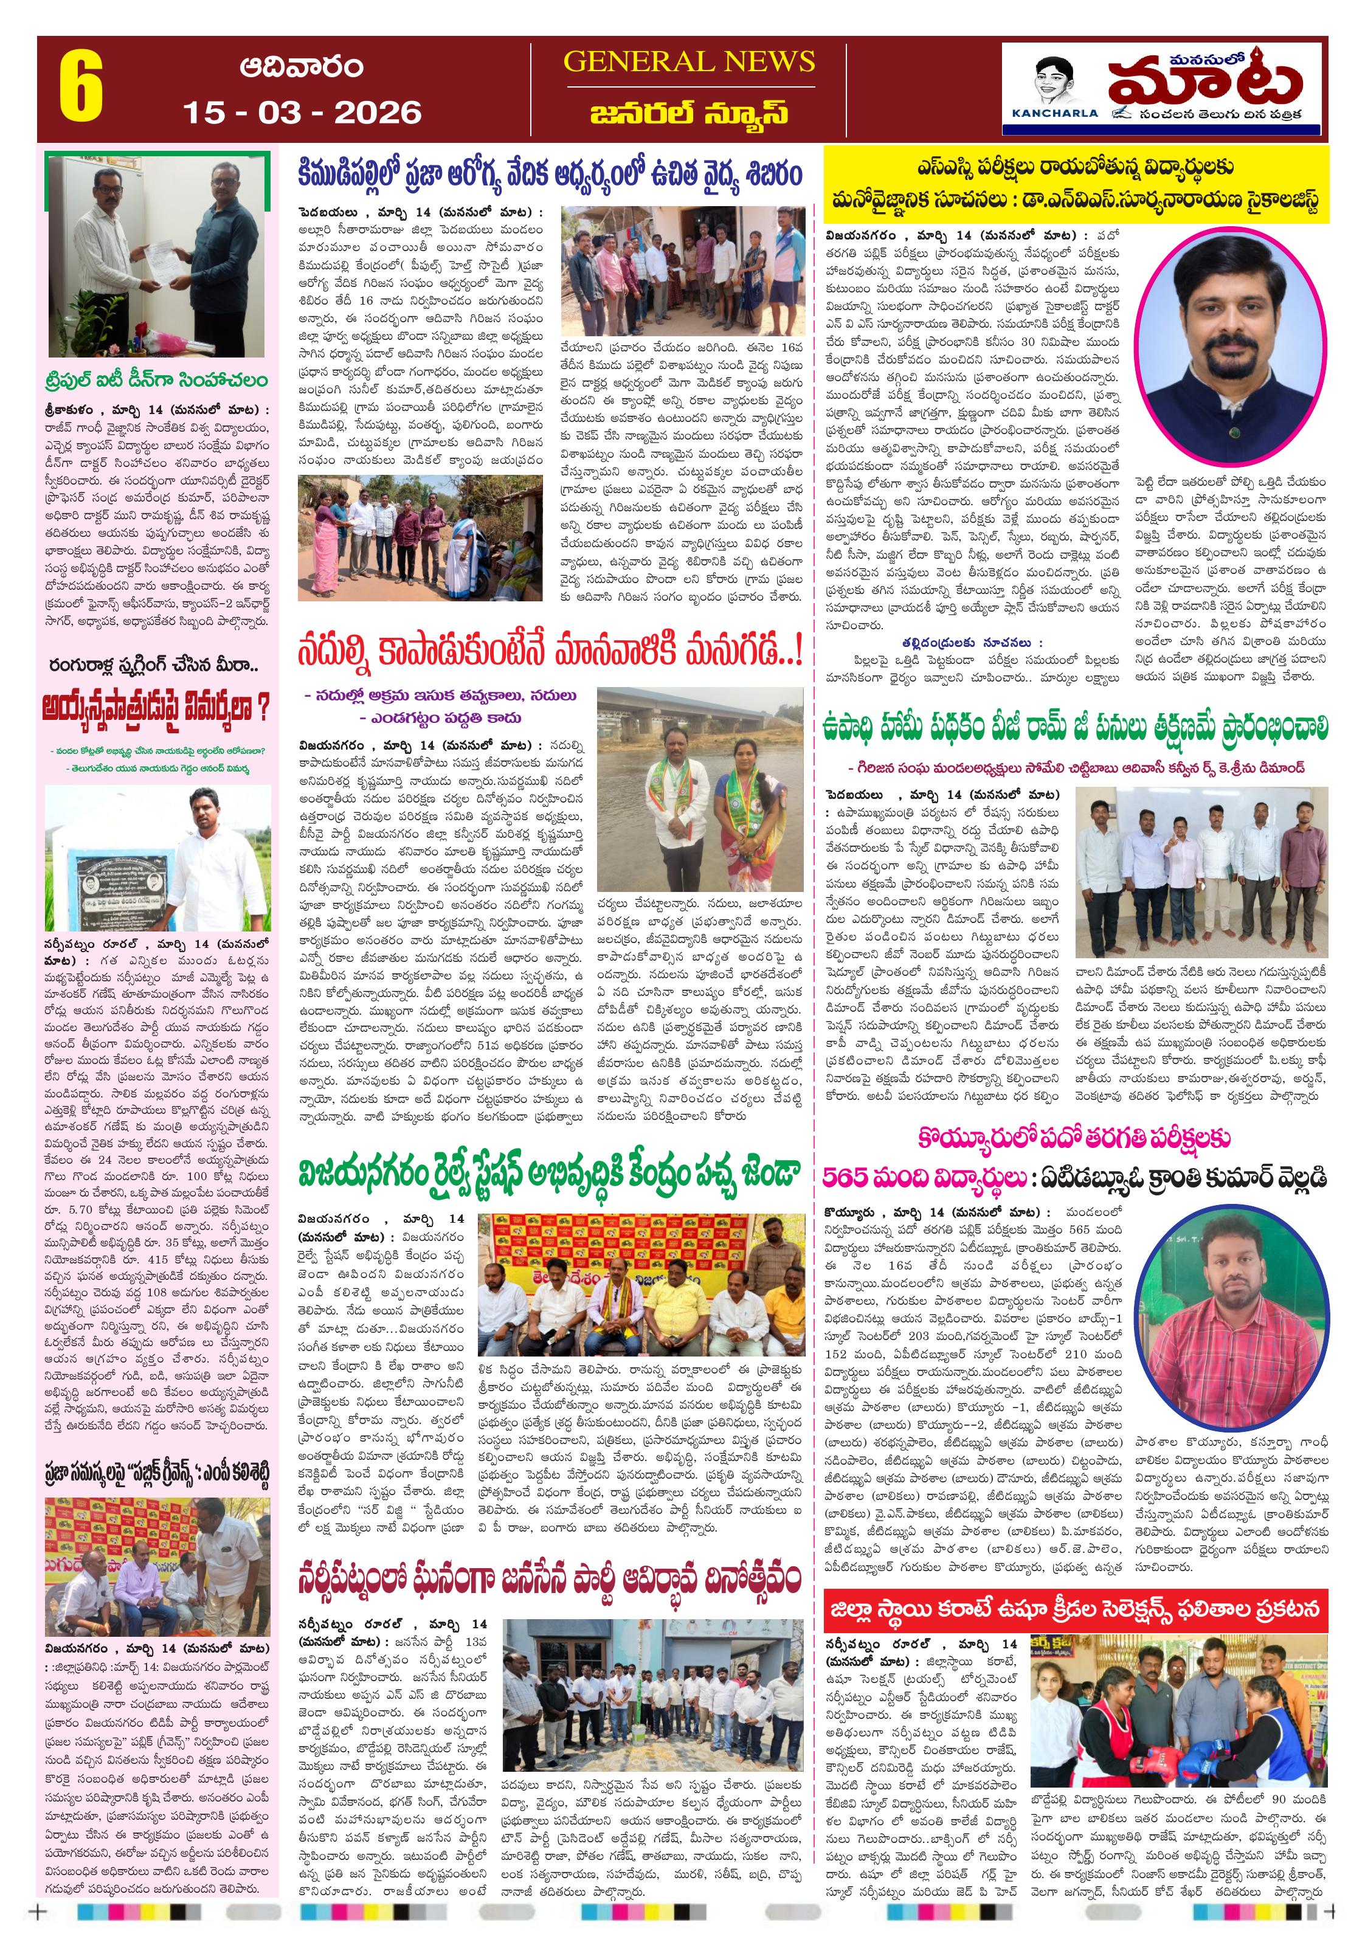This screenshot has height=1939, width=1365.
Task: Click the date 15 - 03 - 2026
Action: tap(302, 112)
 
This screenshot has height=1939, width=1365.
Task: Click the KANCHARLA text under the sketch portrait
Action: tap(1054, 113)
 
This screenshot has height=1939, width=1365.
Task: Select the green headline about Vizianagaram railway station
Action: tap(548, 1174)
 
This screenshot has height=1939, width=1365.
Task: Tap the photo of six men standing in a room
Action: tap(1200, 871)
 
